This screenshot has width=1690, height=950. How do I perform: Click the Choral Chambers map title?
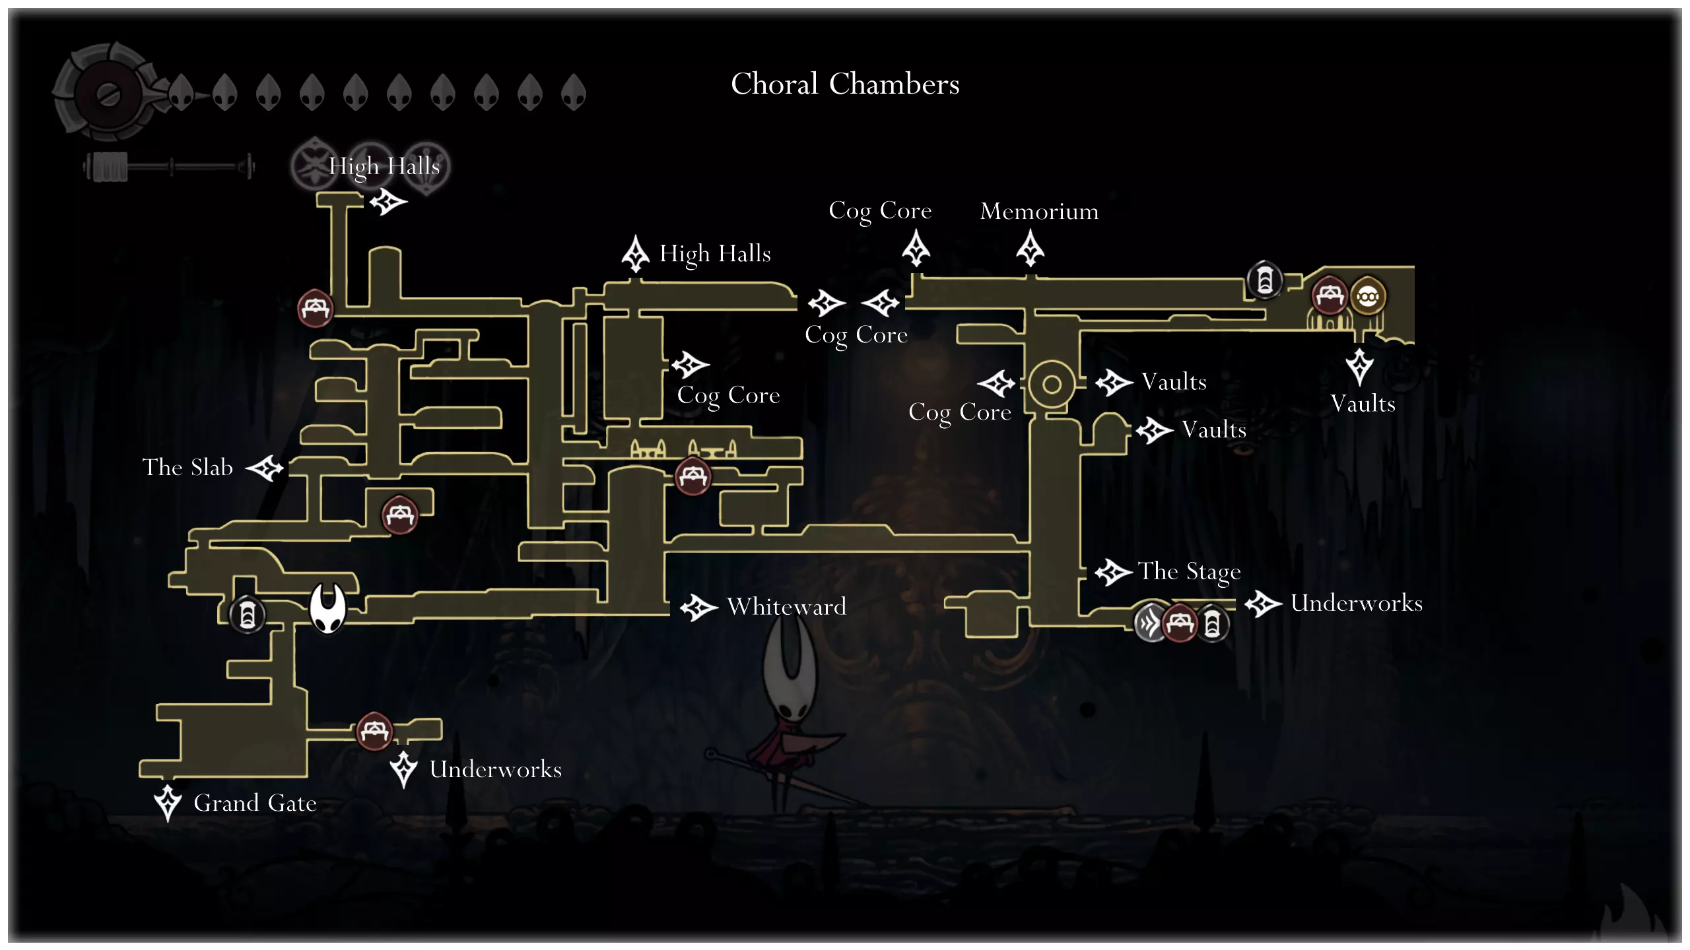point(845,84)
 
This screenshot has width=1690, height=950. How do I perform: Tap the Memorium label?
point(1039,211)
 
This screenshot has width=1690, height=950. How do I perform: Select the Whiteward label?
point(786,606)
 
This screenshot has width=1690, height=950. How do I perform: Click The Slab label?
point(187,467)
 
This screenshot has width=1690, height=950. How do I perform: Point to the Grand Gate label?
point(255,803)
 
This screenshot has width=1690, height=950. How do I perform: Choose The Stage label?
point(1189,571)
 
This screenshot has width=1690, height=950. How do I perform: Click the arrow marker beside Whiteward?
point(698,608)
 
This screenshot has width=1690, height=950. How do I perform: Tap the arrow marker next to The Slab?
point(265,468)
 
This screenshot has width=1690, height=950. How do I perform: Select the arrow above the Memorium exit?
point(1030,249)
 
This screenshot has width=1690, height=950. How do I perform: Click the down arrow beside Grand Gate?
point(168,802)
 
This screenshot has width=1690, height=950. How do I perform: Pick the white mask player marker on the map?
point(328,608)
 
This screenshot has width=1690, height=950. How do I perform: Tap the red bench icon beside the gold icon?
point(1328,296)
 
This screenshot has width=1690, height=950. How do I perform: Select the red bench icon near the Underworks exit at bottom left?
point(374,731)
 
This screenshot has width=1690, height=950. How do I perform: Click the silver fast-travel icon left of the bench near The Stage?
point(1150,622)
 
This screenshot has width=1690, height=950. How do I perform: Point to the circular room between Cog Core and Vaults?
point(1051,384)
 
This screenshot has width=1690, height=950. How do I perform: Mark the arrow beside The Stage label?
point(1114,572)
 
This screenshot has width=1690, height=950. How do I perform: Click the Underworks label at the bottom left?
point(495,769)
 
